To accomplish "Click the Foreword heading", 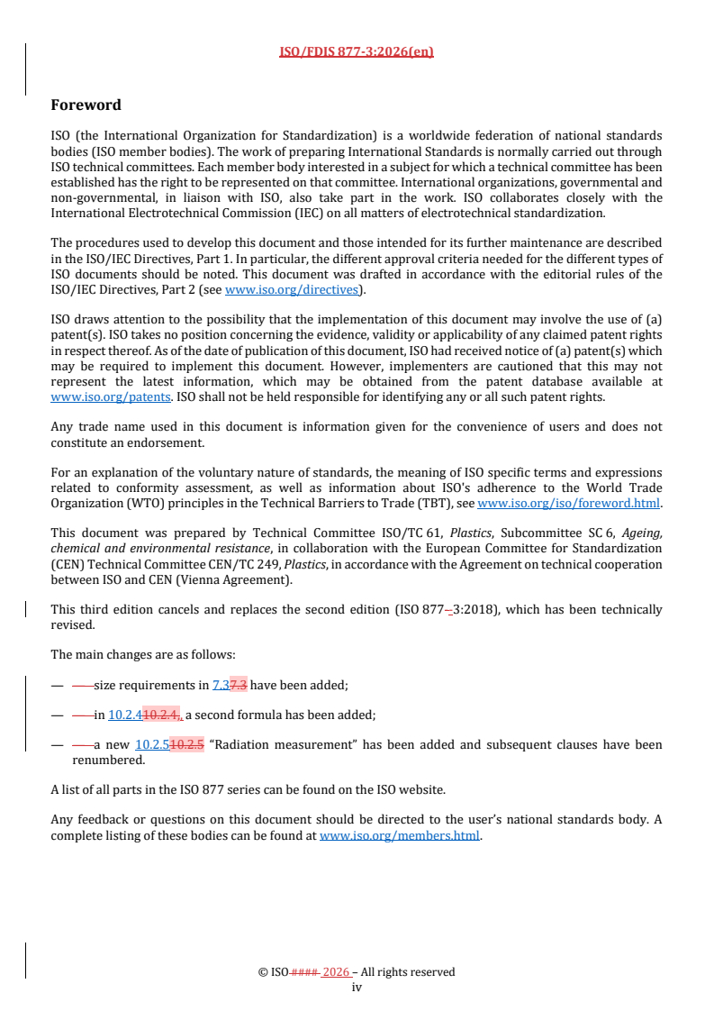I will tap(86, 105).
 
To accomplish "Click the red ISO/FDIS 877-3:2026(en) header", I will tap(357, 51).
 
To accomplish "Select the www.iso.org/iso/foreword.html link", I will tap(568, 503).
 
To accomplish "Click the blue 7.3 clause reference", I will tap(221, 685).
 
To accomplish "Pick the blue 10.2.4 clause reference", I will tap(125, 715).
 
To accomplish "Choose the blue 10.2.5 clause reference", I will tap(151, 744).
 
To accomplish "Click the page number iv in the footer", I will tap(357, 987).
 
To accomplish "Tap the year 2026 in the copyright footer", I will tap(336, 972).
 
